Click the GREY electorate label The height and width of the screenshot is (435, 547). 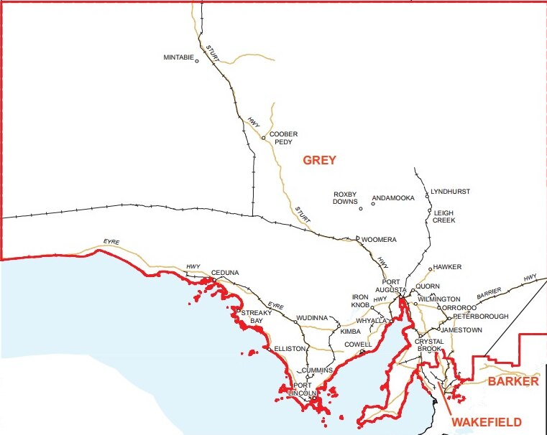[x=319, y=160]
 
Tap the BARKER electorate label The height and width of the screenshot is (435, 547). [x=512, y=382]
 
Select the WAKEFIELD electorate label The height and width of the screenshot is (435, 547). [x=487, y=422]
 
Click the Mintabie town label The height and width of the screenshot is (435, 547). [x=179, y=58]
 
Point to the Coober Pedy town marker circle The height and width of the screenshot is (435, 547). [x=264, y=138]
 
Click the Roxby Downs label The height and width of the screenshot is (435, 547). [x=345, y=198]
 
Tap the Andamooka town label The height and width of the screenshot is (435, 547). [x=392, y=198]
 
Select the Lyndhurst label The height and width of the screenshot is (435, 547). [x=450, y=192]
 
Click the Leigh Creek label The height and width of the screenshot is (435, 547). [x=443, y=217]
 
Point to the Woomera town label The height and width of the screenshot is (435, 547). [x=378, y=239]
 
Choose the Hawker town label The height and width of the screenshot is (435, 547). [x=447, y=267]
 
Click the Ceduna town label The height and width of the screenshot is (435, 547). [x=225, y=273]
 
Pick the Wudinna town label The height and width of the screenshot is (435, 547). [x=313, y=317]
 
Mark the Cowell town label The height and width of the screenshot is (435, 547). [x=358, y=345]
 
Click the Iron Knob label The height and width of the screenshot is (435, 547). [x=360, y=301]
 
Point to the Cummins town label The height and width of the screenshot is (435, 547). [x=317, y=370]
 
